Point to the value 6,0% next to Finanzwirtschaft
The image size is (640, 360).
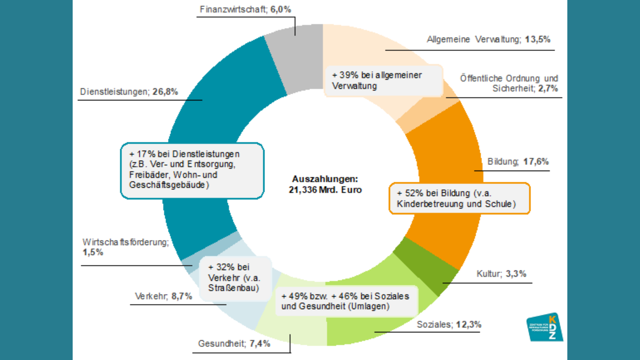pyautogui.click(x=281, y=9)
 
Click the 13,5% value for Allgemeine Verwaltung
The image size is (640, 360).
pyautogui.click(x=537, y=39)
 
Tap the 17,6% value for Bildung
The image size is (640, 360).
pyautogui.click(x=536, y=162)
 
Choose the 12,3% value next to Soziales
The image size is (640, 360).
pyautogui.click(x=468, y=324)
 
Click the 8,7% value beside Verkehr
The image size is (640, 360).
pyautogui.click(x=182, y=296)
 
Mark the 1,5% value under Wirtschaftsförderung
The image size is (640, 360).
pyautogui.click(x=93, y=252)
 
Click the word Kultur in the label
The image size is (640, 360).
pyautogui.click(x=489, y=274)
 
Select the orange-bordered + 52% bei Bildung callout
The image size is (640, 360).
pyautogui.click(x=459, y=198)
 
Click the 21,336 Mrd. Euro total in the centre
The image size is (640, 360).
pyautogui.click(x=325, y=190)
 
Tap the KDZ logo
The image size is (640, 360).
pyautogui.click(x=545, y=327)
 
